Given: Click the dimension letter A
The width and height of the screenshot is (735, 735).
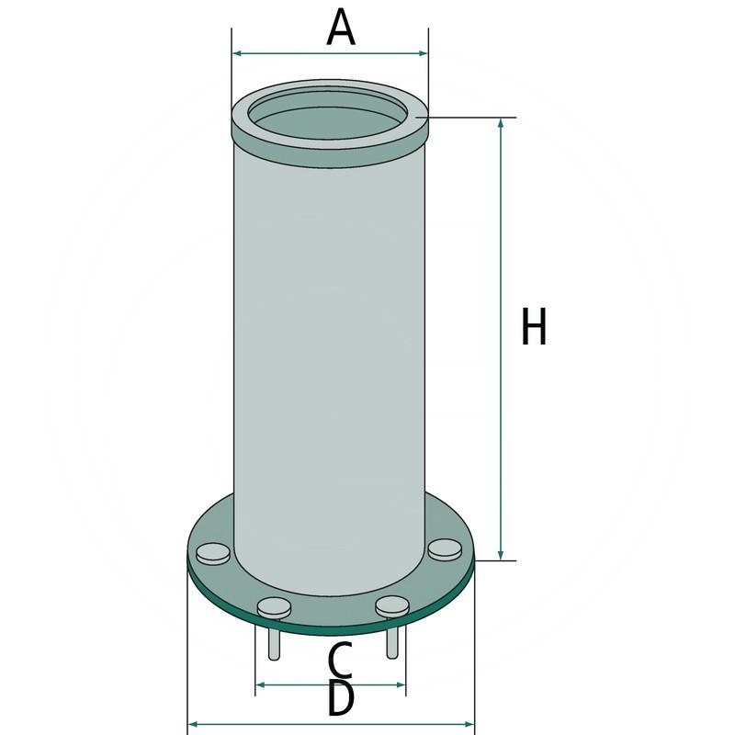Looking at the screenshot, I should click(341, 28).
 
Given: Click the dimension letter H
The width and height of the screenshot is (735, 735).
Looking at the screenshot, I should click(534, 328).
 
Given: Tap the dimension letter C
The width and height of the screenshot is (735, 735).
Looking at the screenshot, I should click(340, 660).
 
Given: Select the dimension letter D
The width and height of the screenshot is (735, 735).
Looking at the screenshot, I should click(340, 701).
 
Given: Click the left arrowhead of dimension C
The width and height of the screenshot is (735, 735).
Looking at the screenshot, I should click(260, 684).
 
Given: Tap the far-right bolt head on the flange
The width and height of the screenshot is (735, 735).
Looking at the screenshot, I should click(445, 549).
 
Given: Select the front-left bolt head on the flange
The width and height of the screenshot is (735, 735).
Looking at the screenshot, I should click(274, 606).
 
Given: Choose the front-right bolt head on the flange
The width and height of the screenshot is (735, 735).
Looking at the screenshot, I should click(392, 606).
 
